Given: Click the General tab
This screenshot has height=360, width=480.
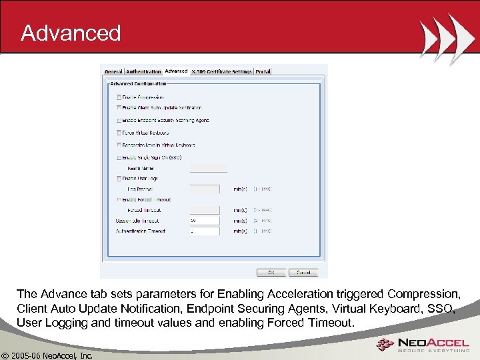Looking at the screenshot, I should (x=113, y=72).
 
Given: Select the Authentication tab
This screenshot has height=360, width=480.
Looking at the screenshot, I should (x=143, y=72).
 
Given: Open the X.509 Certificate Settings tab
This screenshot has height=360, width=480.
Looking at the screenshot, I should (x=221, y=72).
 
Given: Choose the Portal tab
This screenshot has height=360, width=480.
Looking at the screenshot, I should (x=262, y=72).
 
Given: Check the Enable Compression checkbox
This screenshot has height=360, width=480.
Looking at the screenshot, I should (x=119, y=97).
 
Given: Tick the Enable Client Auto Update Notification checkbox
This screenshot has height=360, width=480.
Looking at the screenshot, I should (x=119, y=107).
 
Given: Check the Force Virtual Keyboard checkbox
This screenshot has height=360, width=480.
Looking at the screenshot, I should (x=119, y=133).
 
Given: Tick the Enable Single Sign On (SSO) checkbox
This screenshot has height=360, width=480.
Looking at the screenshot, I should (x=119, y=158).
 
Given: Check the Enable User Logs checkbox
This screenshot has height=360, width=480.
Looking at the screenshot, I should (x=119, y=179).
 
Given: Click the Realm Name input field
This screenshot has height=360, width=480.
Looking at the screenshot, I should (x=208, y=168).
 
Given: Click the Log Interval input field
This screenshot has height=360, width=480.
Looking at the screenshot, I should (x=205, y=189).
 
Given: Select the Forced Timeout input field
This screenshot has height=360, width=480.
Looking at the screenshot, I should (x=205, y=211).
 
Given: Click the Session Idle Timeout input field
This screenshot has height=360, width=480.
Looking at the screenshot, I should (x=205, y=221).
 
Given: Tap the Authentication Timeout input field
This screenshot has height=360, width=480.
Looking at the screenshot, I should (x=205, y=231).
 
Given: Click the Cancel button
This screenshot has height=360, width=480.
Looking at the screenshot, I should (x=303, y=272).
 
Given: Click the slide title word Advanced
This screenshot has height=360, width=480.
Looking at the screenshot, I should (x=71, y=33).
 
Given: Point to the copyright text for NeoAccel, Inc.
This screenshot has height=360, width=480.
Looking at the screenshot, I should (x=47, y=354).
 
